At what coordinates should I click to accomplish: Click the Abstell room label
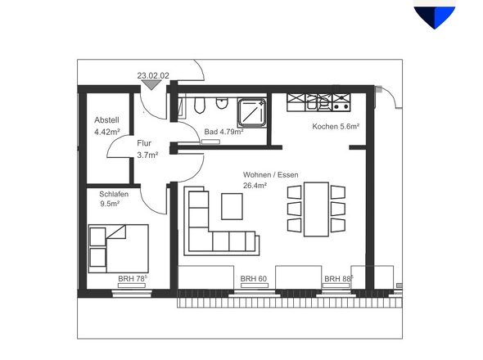[x=106, y=119]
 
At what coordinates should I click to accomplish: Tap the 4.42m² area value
[x=107, y=132]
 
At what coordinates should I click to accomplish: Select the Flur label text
[x=144, y=143]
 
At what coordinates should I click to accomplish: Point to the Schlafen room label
[x=114, y=194]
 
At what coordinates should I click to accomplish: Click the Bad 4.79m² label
[x=223, y=132]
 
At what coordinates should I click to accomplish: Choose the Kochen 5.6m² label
[x=336, y=126]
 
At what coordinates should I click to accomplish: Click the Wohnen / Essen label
[x=270, y=175]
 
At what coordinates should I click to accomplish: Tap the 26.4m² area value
[x=255, y=186]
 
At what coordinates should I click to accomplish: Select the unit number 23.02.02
[x=153, y=75]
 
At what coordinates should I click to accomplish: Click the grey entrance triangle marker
[x=151, y=85]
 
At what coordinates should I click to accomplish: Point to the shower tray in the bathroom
[x=251, y=112]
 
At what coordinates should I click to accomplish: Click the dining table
[x=316, y=209]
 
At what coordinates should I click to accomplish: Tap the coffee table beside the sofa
[x=232, y=206]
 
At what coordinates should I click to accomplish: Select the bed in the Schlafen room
[x=119, y=249]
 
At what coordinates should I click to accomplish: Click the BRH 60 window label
[x=253, y=279]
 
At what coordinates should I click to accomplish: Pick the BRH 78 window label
[x=133, y=278]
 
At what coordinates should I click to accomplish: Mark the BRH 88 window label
[x=339, y=279]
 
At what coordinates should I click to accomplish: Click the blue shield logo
[x=435, y=15]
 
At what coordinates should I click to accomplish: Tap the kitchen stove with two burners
[x=341, y=102]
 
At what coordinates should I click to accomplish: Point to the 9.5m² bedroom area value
[x=110, y=204]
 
